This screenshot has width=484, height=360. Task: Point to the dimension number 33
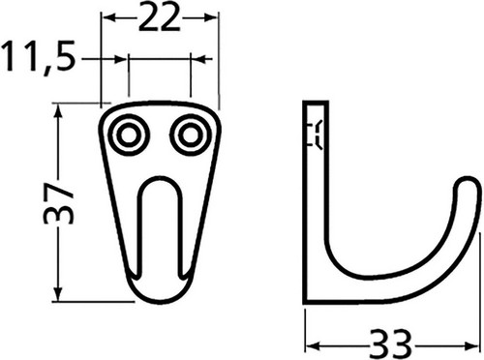[394, 340]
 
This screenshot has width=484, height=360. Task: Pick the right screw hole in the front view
[189, 135]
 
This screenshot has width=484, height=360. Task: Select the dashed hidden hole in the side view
[313, 135]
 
